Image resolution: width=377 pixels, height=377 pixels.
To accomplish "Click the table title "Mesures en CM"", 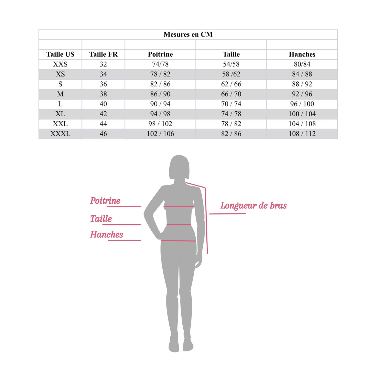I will pyautogui.click(x=188, y=34).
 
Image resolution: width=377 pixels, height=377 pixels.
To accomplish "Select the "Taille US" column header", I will pyautogui.click(x=60, y=54).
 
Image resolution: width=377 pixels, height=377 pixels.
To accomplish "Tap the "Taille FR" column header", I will pyautogui.click(x=103, y=54).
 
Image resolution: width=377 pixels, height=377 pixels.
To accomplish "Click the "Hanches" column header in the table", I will pyautogui.click(x=302, y=54).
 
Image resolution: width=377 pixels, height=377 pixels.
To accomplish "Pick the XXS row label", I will pyautogui.click(x=60, y=64).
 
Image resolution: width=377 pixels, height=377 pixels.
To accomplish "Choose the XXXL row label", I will pyautogui.click(x=60, y=134).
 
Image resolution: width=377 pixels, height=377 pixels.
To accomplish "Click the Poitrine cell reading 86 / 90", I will pyautogui.click(x=160, y=94).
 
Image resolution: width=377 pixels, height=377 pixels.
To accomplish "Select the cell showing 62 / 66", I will pyautogui.click(x=231, y=84).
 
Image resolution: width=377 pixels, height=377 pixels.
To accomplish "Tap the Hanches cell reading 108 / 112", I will pyautogui.click(x=302, y=134).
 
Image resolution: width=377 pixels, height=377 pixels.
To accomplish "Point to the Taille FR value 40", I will pyautogui.click(x=103, y=104).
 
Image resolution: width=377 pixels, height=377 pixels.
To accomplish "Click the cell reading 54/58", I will pyautogui.click(x=231, y=64).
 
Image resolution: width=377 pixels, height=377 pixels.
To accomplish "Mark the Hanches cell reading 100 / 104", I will pyautogui.click(x=302, y=114).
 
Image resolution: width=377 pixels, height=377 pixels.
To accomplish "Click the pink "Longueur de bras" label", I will pyautogui.click(x=253, y=206).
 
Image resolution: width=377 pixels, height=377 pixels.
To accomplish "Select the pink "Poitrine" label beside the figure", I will pyautogui.click(x=105, y=201).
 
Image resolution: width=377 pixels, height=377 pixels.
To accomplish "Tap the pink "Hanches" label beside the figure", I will pyautogui.click(x=106, y=235).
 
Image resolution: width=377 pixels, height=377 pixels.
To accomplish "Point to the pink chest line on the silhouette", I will pyautogui.click(x=179, y=207).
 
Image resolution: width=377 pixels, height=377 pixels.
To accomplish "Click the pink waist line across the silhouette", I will pyautogui.click(x=179, y=225).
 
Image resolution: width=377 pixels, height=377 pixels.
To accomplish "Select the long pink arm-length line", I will pyautogui.click(x=206, y=222).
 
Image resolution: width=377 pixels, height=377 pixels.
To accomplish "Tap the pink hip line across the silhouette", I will pyautogui.click(x=178, y=241).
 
